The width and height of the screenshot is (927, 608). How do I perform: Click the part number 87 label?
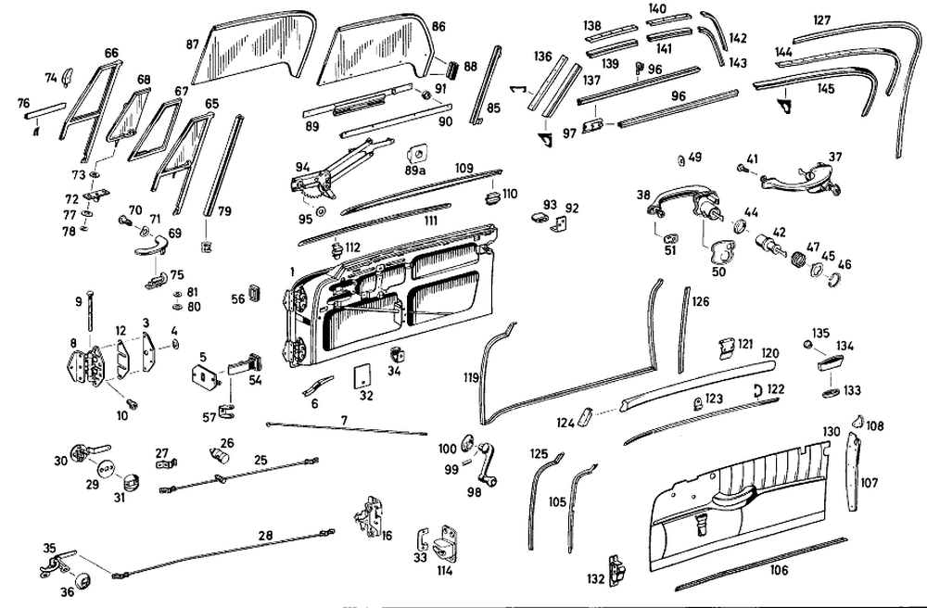click(x=192, y=44)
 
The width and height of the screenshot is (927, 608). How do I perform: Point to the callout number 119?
click(x=471, y=378)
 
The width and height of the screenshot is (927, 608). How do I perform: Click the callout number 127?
click(x=822, y=19)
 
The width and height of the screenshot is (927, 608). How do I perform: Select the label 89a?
click(x=415, y=170)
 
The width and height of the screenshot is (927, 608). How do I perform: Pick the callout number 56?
click(x=237, y=298)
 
